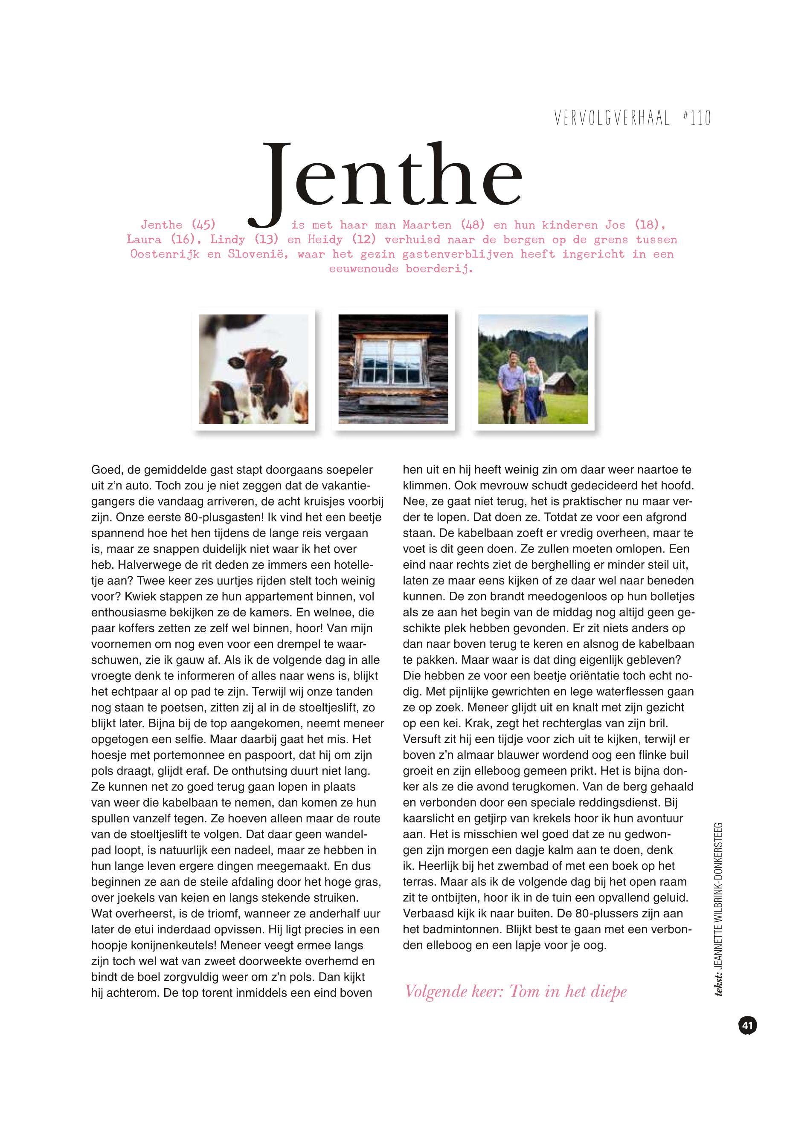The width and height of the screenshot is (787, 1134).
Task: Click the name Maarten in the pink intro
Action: [x=427, y=225]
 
